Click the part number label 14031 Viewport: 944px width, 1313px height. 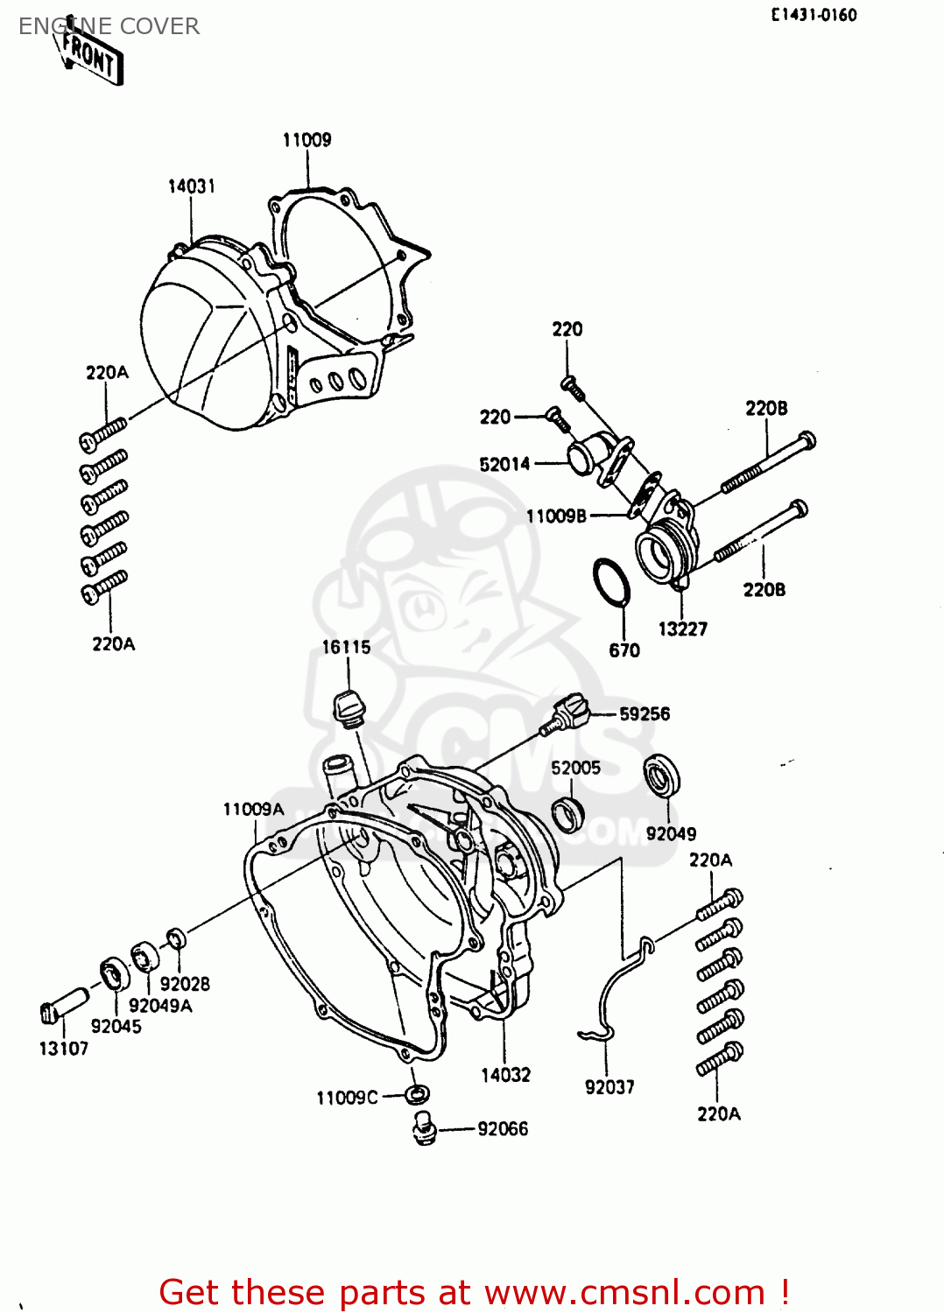coord(191,186)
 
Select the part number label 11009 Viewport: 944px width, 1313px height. coord(306,140)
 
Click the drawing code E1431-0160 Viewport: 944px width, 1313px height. coord(814,15)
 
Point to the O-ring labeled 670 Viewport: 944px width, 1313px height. coord(611,581)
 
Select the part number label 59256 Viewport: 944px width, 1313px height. coord(644,714)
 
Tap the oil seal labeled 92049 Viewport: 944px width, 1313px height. coord(663,776)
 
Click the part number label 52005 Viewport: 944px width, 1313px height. coord(575,768)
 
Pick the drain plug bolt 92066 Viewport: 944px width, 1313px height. coord(424,1127)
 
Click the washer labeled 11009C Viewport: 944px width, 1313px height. coord(418,1093)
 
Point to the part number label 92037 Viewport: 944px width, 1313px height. coord(609,1087)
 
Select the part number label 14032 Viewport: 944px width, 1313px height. coord(505,1075)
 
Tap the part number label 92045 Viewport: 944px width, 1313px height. coord(116,1027)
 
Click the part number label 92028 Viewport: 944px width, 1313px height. coord(185,984)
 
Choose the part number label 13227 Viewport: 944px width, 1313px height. coord(682,628)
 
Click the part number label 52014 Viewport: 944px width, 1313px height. coord(504,464)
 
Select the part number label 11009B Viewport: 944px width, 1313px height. coord(556,516)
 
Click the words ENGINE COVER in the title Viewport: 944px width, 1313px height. coord(109,26)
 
